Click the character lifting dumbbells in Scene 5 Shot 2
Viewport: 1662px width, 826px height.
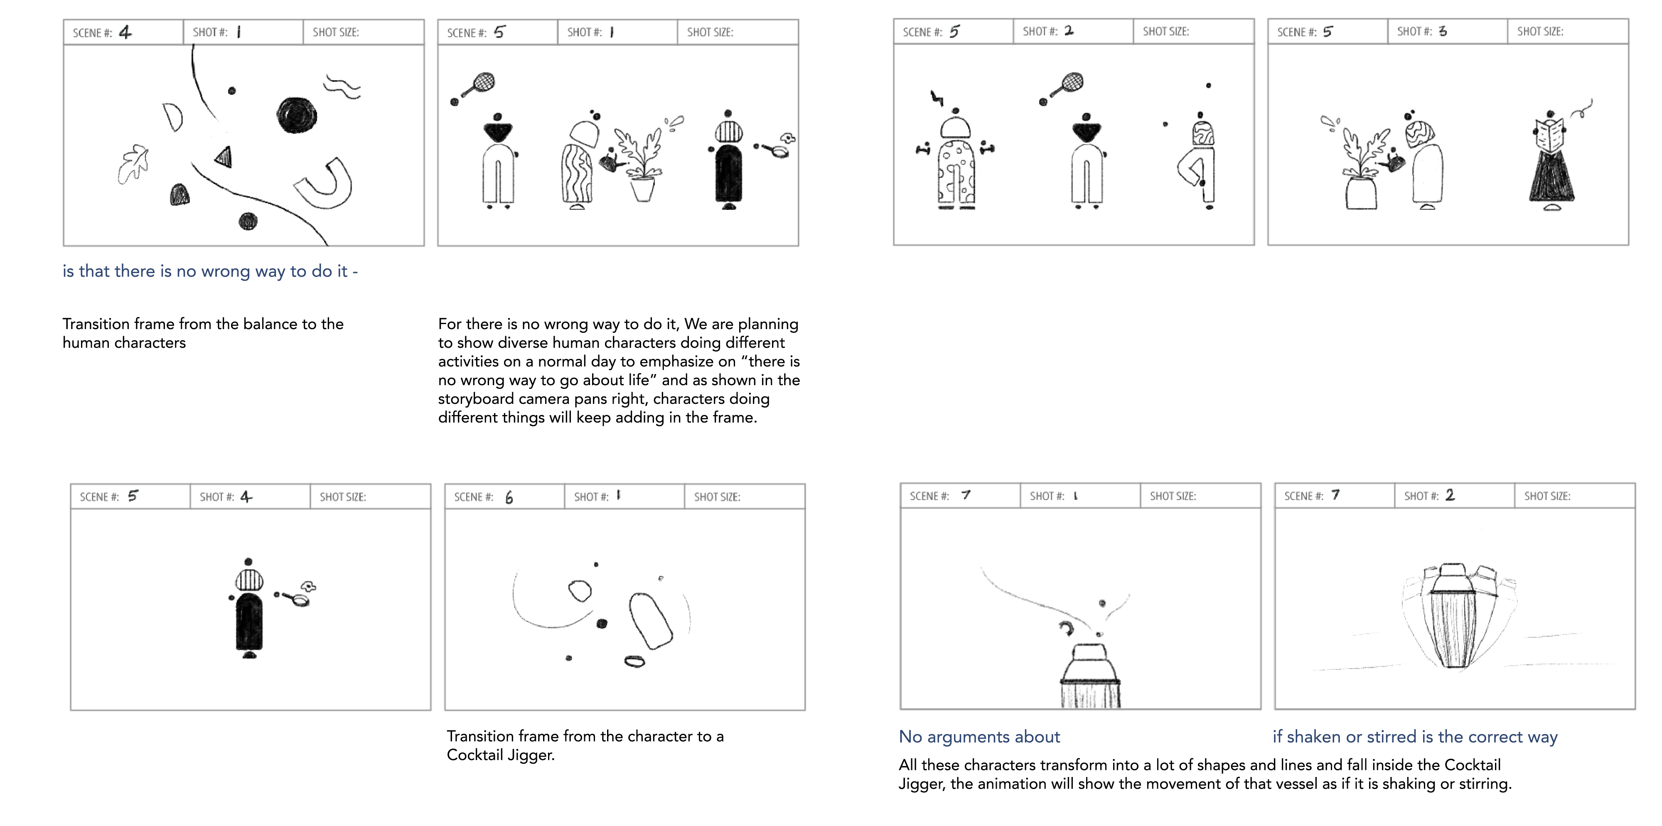[956, 161]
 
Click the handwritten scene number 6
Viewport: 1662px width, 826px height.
[509, 497]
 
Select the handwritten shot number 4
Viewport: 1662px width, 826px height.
[246, 496]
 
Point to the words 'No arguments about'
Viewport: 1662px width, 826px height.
[979, 737]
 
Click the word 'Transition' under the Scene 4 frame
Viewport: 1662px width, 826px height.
[95, 324]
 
